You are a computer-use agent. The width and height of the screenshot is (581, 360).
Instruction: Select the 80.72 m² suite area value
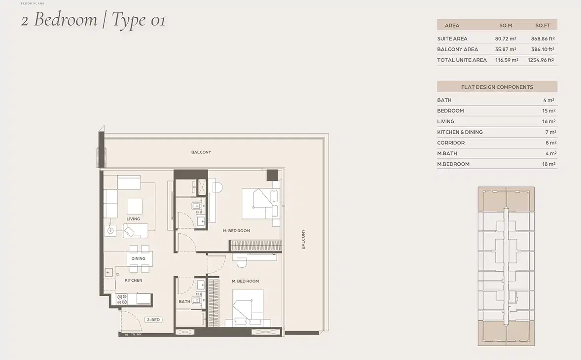tap(506, 38)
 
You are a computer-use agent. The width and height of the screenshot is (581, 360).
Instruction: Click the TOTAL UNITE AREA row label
tap(462, 60)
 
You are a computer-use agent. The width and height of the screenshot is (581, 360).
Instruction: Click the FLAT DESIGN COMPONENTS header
tap(497, 87)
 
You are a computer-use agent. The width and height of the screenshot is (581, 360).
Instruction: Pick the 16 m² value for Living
tap(549, 121)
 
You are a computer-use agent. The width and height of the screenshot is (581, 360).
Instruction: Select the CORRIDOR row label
tap(450, 143)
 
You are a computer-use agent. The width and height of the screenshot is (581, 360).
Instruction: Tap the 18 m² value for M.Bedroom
tap(549, 164)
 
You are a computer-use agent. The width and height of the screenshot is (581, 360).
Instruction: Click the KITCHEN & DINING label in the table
tap(460, 132)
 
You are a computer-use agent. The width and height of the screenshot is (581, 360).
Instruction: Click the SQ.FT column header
tap(543, 25)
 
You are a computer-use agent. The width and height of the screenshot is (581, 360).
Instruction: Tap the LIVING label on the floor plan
tap(133, 219)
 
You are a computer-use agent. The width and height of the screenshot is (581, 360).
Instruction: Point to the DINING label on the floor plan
tap(139, 258)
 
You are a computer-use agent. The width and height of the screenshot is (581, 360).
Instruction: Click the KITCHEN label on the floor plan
tap(133, 280)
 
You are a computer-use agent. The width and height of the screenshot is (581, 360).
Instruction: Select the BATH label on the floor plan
tap(184, 301)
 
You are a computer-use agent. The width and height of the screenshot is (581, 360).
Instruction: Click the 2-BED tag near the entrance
tap(153, 320)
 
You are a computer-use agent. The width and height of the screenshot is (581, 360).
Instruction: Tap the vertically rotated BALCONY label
tap(303, 239)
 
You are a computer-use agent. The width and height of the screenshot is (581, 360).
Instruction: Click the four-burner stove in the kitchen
tap(122, 299)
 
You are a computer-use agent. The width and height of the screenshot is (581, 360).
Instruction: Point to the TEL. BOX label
tap(136, 335)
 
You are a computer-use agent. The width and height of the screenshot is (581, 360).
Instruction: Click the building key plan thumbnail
tap(506, 266)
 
